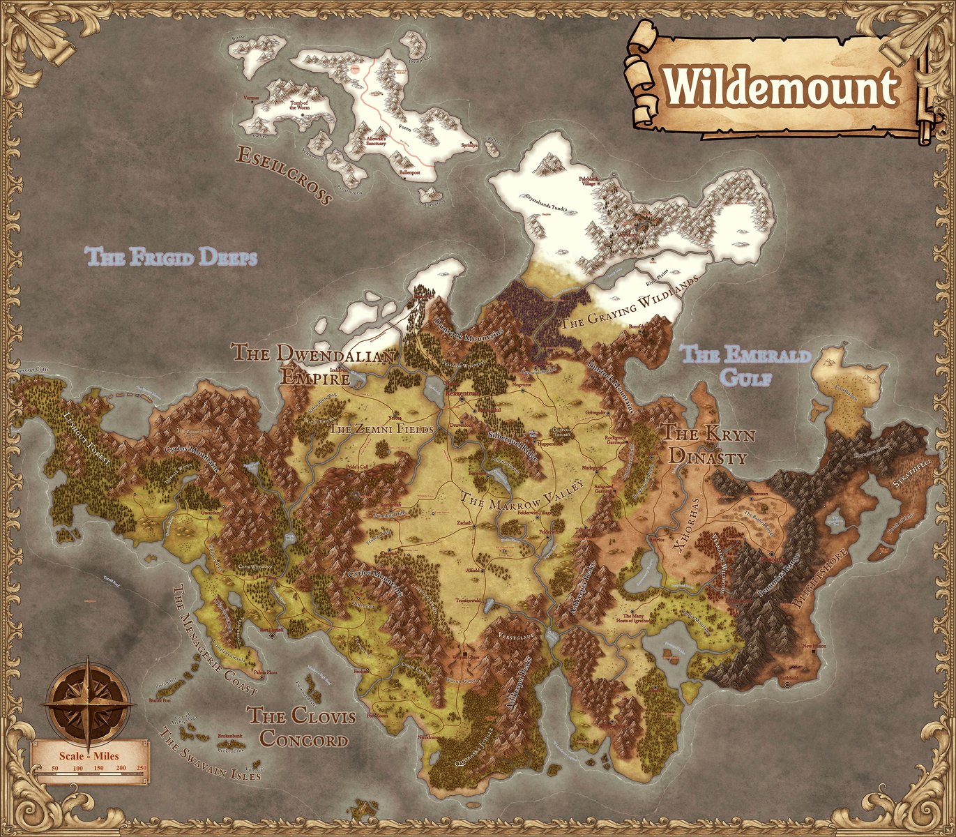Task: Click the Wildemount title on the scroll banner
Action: coord(780,88)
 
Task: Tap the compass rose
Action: coord(89,703)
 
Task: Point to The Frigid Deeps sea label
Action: coord(172,257)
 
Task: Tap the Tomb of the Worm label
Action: coord(298,106)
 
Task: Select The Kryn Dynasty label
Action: coord(708,445)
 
